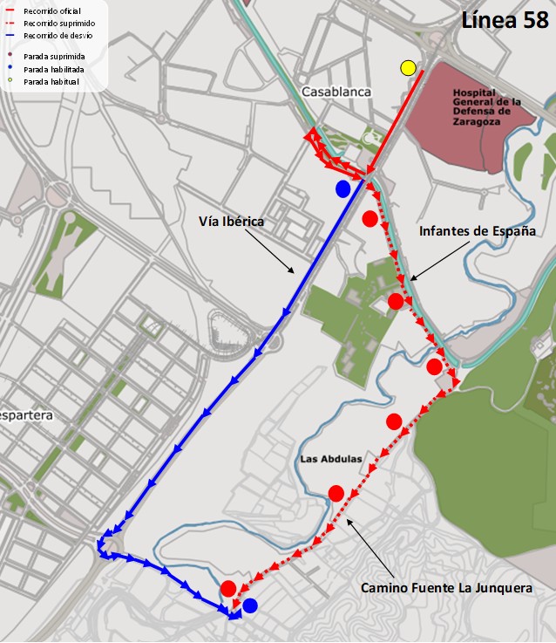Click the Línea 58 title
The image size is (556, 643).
(505, 21)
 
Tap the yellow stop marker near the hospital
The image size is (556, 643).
(408, 68)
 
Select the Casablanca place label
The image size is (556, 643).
(336, 92)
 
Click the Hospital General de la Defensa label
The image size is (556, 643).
(487, 106)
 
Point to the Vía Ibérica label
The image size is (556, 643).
(230, 222)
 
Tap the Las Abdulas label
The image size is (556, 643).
(330, 459)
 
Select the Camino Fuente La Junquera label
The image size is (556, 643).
(446, 589)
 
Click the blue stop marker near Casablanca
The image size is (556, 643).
(343, 188)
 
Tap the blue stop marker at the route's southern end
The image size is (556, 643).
(250, 605)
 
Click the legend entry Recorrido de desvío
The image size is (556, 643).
(58, 35)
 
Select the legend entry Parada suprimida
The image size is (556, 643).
(53, 55)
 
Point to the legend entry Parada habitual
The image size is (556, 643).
(51, 81)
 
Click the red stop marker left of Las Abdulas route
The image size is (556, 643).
(336, 494)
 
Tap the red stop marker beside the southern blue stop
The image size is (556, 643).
(228, 588)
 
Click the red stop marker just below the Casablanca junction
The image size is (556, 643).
(370, 218)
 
